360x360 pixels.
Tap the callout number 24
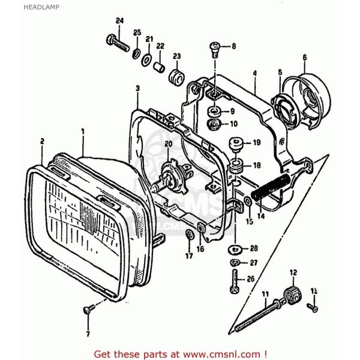point(119,21)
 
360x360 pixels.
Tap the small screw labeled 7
point(88,310)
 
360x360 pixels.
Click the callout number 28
point(254,248)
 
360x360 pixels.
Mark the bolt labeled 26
point(235,280)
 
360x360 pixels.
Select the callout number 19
point(256,143)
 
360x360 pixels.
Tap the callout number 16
point(200,247)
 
